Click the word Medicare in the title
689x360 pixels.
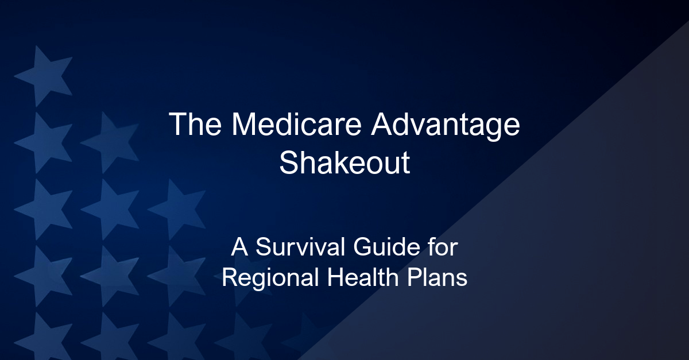click(296, 125)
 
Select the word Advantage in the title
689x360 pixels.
click(445, 126)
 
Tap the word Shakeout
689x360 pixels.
click(344, 162)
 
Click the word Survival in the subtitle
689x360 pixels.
click(300, 247)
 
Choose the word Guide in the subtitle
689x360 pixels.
click(386, 247)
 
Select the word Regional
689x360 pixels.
click(270, 278)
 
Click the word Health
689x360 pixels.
click(363, 277)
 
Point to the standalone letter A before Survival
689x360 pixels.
click(239, 246)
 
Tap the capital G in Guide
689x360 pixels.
click(362, 247)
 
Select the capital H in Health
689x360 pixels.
click(335, 277)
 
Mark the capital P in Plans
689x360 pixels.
click(415, 277)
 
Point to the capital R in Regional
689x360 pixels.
click(231, 277)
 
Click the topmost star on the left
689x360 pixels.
click(43, 76)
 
